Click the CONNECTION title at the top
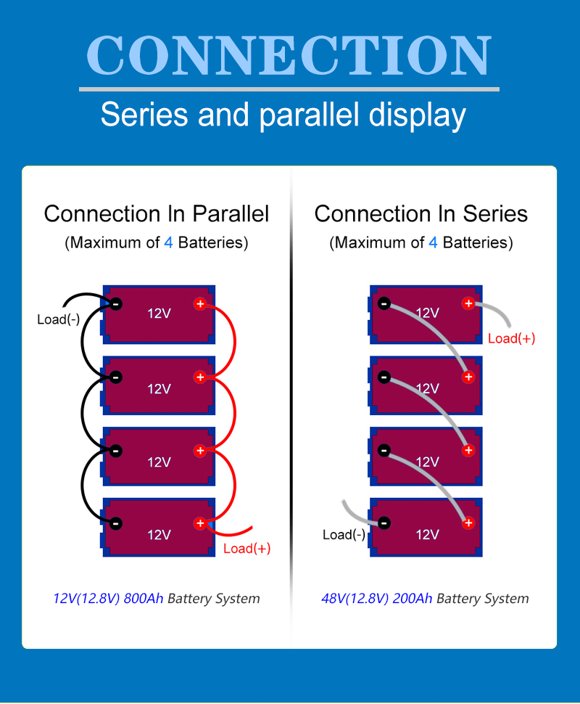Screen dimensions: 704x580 point(289,55)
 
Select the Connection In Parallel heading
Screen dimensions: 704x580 point(156,214)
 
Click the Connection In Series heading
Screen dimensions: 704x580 point(420,214)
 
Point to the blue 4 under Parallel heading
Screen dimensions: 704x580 point(168,243)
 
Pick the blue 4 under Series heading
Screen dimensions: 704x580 point(433,243)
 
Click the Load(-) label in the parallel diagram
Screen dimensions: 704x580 point(59,319)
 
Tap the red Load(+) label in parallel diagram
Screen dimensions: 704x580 point(246,549)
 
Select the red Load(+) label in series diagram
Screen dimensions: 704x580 point(511,338)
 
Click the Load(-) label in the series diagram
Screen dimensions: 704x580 point(344,535)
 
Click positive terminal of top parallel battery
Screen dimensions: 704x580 point(200,303)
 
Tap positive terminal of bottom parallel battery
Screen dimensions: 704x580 point(200,523)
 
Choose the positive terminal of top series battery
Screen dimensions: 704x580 point(468,303)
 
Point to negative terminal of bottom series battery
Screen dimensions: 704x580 point(384,523)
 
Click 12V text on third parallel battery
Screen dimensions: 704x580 point(159,462)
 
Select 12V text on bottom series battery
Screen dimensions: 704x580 point(427,535)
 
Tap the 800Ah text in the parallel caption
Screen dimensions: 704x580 point(144,599)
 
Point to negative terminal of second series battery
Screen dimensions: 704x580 point(384,377)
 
